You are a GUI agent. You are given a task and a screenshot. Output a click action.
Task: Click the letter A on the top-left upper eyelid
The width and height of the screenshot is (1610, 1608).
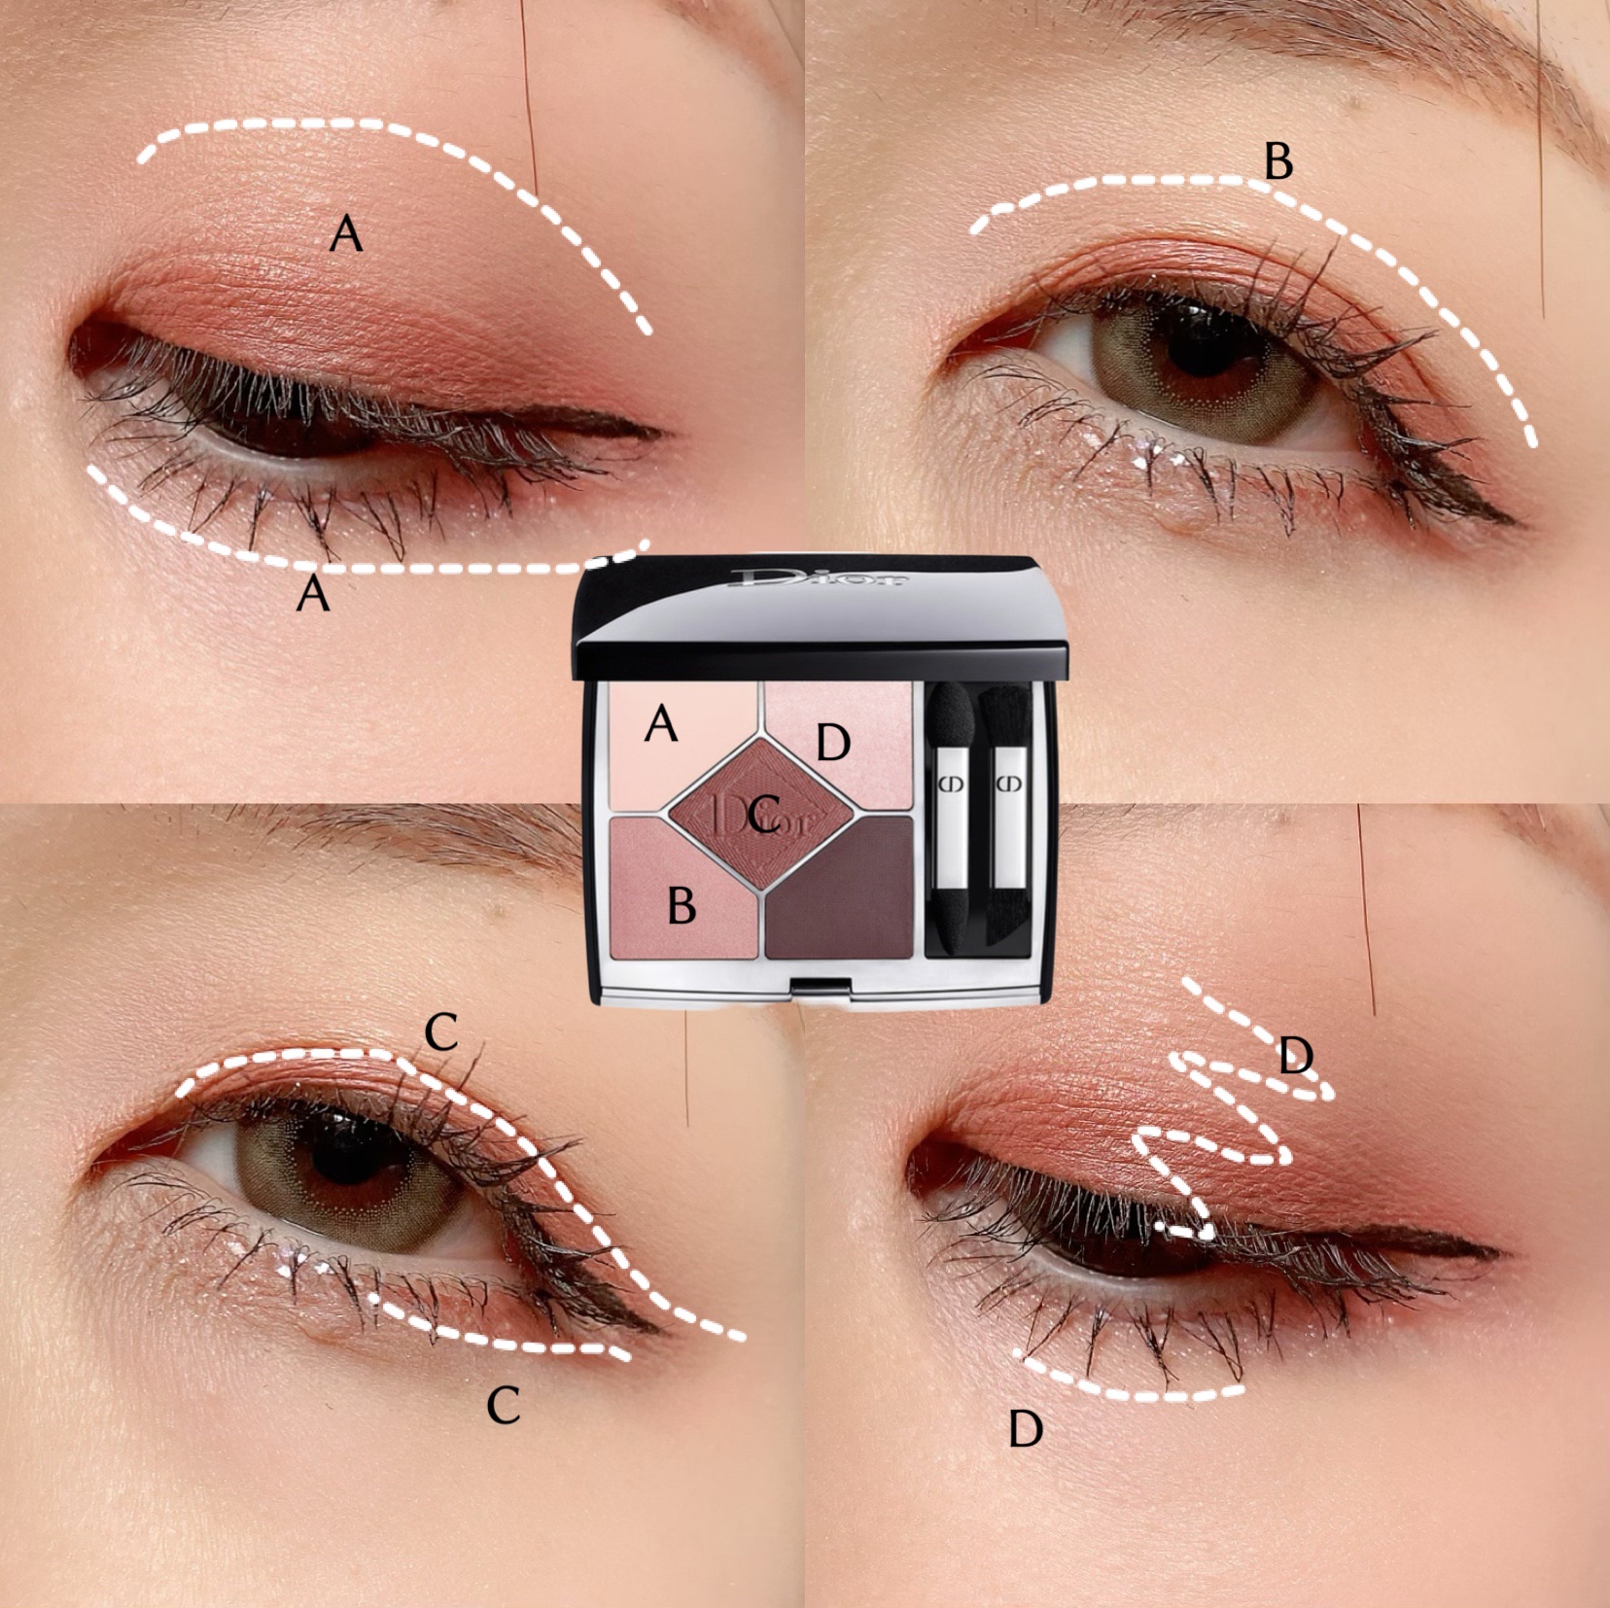click(x=346, y=234)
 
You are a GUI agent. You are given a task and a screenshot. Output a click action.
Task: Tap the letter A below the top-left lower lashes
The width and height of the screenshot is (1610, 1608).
click(x=312, y=592)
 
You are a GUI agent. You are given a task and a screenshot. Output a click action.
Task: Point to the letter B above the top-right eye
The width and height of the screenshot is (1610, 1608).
click(x=1278, y=160)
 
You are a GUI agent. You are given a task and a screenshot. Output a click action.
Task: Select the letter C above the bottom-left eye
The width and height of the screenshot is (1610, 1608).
click(x=441, y=1031)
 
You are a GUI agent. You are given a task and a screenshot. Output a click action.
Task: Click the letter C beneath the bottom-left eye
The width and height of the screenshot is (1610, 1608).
click(x=503, y=1405)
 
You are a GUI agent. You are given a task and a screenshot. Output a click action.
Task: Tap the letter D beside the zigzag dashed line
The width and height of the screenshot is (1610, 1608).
click(x=1296, y=1055)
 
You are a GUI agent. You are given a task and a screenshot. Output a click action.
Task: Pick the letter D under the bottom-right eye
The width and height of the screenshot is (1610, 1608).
click(x=1026, y=1429)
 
